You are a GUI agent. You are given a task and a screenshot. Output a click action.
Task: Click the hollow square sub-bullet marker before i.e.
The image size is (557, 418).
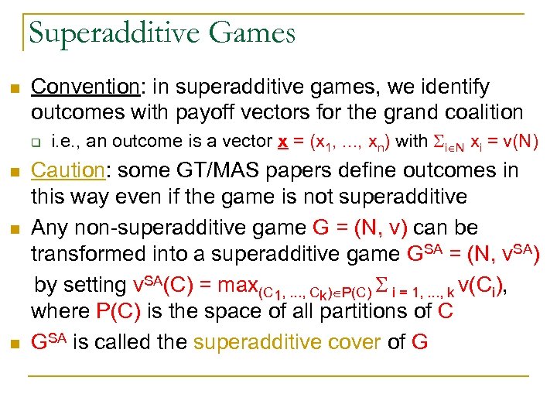[36, 142]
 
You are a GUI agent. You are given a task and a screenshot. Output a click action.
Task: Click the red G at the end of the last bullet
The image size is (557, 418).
[419, 341]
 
